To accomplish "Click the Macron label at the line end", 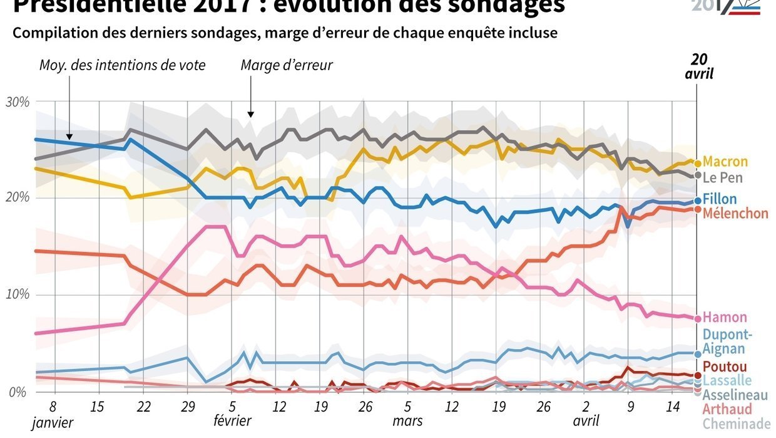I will (x=725, y=162).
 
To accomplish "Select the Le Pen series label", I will (x=722, y=177).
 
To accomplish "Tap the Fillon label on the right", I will (x=720, y=199).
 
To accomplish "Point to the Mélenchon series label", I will (x=735, y=213).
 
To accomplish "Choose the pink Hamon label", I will (x=724, y=317).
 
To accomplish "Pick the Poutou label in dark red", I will (x=725, y=367).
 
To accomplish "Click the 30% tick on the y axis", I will (x=18, y=102).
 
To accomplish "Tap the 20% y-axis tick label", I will (x=18, y=198).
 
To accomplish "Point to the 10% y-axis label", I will (x=18, y=295).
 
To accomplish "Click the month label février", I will (x=233, y=421).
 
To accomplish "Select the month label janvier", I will (x=53, y=423).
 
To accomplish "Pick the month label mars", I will (x=407, y=421).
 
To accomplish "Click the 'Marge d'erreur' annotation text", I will (x=287, y=65).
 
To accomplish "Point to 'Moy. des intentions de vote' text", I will (x=122, y=65).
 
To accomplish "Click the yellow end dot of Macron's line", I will (x=698, y=163).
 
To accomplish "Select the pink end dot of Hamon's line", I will (x=698, y=318).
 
